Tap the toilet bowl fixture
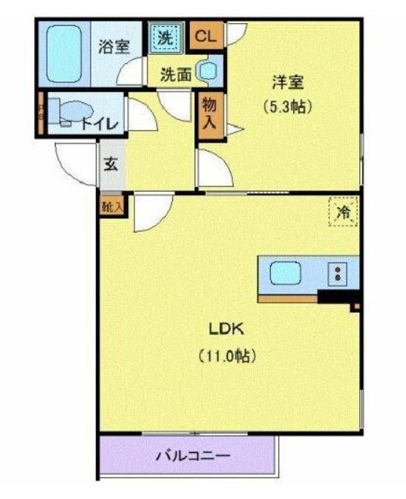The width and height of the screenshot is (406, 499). pyautogui.click(x=69, y=112)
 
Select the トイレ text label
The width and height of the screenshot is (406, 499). pyautogui.click(x=99, y=123)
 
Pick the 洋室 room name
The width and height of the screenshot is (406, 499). pyautogui.click(x=285, y=82)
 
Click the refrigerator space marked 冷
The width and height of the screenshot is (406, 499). pyautogui.click(x=344, y=212)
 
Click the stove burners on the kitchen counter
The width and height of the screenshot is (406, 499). pyautogui.click(x=338, y=273)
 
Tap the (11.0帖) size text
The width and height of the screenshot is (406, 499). pyautogui.click(x=227, y=356)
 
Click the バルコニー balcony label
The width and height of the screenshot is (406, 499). pyautogui.click(x=189, y=455)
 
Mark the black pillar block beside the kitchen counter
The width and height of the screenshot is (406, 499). pyautogui.click(x=336, y=296)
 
